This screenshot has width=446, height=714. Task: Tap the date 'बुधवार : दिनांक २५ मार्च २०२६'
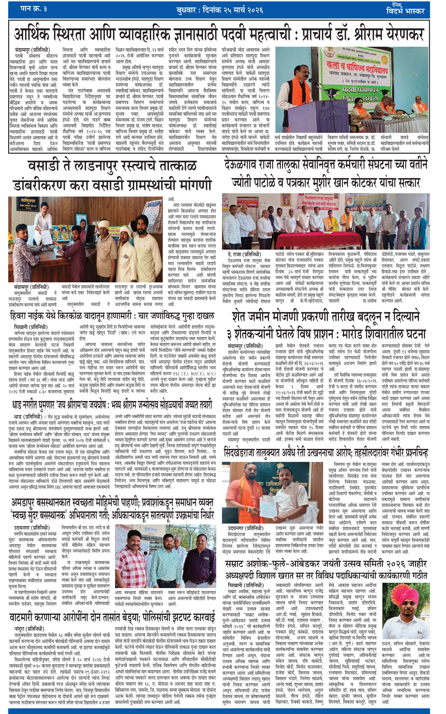pos(220,10)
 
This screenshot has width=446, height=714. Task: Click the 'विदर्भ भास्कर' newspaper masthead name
pos(405,11)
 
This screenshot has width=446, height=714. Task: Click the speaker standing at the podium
pos(297,91)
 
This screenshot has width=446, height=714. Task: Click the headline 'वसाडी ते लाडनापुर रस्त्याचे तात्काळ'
pos(112,166)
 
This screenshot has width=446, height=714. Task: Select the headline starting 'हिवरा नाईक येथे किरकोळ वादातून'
pos(112,317)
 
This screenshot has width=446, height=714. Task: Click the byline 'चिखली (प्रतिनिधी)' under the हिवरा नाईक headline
pos(31,327)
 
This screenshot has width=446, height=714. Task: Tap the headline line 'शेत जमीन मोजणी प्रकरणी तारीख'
pos(326,317)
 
